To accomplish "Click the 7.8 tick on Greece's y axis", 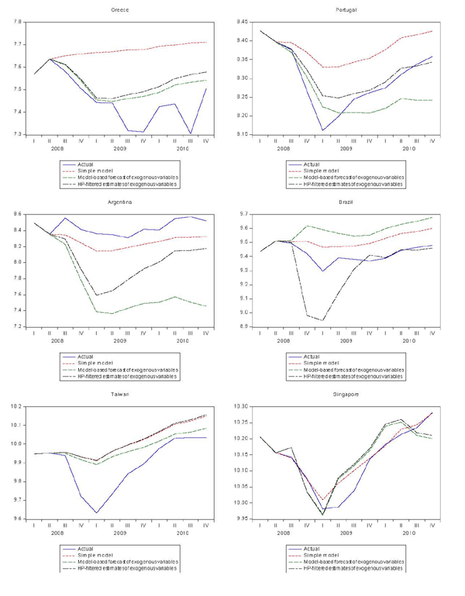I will (x=16, y=22).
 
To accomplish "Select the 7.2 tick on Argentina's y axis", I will (x=16, y=326).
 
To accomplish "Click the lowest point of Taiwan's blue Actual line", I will (x=98, y=513).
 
